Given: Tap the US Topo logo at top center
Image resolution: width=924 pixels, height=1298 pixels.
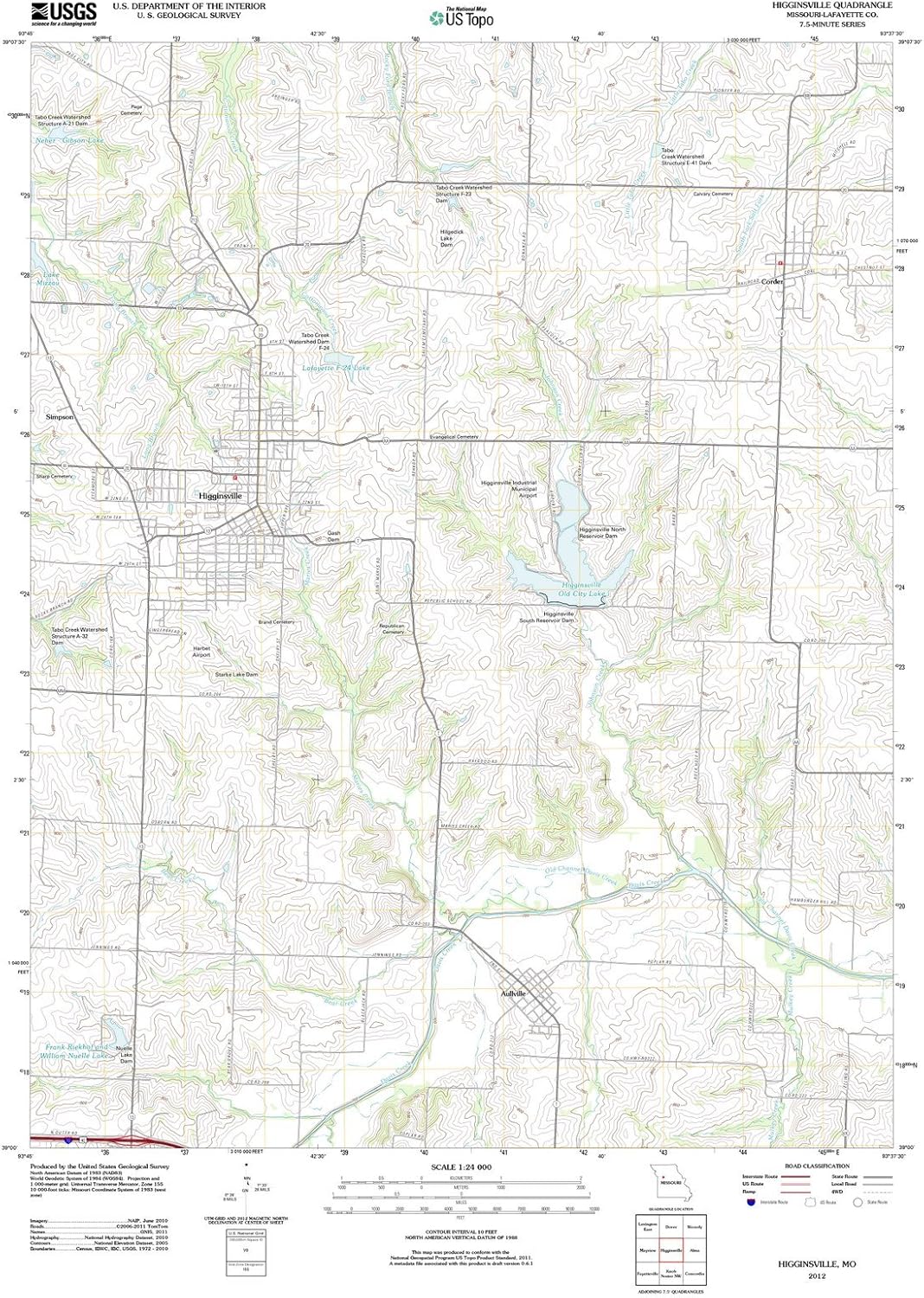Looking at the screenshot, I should click(463, 17).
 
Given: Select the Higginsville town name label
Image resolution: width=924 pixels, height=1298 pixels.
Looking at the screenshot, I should click(220, 496).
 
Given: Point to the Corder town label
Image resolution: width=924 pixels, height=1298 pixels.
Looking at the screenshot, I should click(772, 282).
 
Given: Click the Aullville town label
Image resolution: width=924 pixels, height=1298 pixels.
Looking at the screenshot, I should click(513, 993).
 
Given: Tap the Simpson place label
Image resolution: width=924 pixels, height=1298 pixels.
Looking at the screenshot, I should click(60, 417).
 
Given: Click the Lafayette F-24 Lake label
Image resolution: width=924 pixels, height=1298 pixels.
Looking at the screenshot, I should click(336, 368).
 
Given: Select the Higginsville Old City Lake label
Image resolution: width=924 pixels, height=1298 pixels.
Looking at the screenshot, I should click(582, 590).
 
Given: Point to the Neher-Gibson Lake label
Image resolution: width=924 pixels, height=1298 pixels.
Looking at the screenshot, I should click(69, 140).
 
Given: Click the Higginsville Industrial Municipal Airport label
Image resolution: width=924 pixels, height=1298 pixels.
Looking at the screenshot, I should click(510, 489).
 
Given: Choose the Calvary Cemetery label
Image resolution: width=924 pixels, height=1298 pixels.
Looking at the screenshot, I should click(713, 194).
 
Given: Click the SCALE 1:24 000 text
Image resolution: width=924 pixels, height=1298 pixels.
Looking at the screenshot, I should click(461, 1167).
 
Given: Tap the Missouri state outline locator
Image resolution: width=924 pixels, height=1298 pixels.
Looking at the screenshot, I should click(668, 1182).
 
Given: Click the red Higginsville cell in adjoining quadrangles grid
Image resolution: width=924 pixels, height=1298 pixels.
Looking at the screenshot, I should click(671, 1250).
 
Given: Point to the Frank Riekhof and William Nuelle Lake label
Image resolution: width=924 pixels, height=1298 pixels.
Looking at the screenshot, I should click(76, 1051).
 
